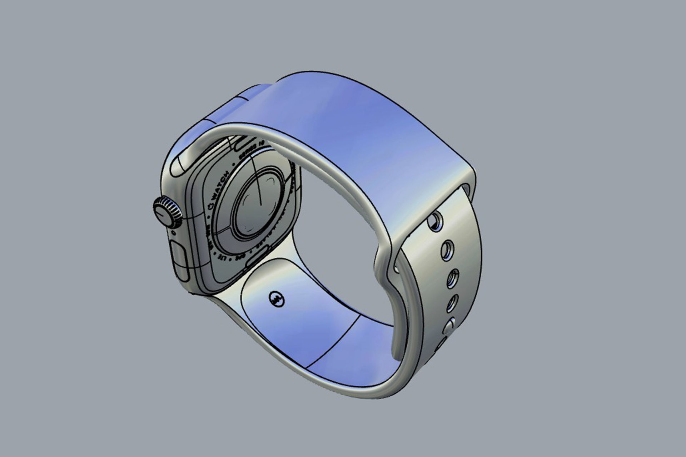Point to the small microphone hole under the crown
point(174,233)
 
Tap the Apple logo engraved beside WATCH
point(210,206)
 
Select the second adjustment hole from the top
point(447,250)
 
